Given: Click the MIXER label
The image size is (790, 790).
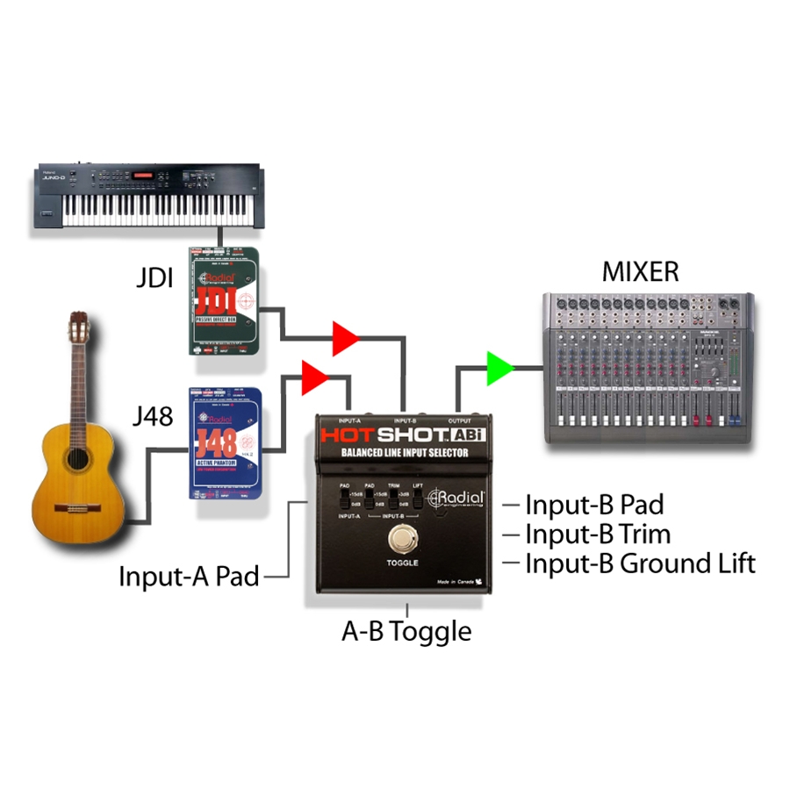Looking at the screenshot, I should click(x=640, y=272).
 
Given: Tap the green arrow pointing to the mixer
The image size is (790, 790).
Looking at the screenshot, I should click(x=499, y=367).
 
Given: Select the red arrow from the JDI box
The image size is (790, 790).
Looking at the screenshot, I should click(x=345, y=338).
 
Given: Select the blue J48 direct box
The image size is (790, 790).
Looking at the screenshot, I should click(x=226, y=442).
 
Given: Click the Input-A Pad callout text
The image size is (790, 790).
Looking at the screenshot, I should click(x=190, y=578).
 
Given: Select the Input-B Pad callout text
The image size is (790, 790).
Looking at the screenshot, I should click(x=594, y=505).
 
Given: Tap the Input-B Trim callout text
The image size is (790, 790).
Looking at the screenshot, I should click(x=598, y=534).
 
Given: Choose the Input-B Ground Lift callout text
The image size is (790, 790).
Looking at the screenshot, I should click(x=640, y=563).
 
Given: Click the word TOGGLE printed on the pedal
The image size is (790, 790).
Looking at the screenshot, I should click(x=402, y=562).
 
